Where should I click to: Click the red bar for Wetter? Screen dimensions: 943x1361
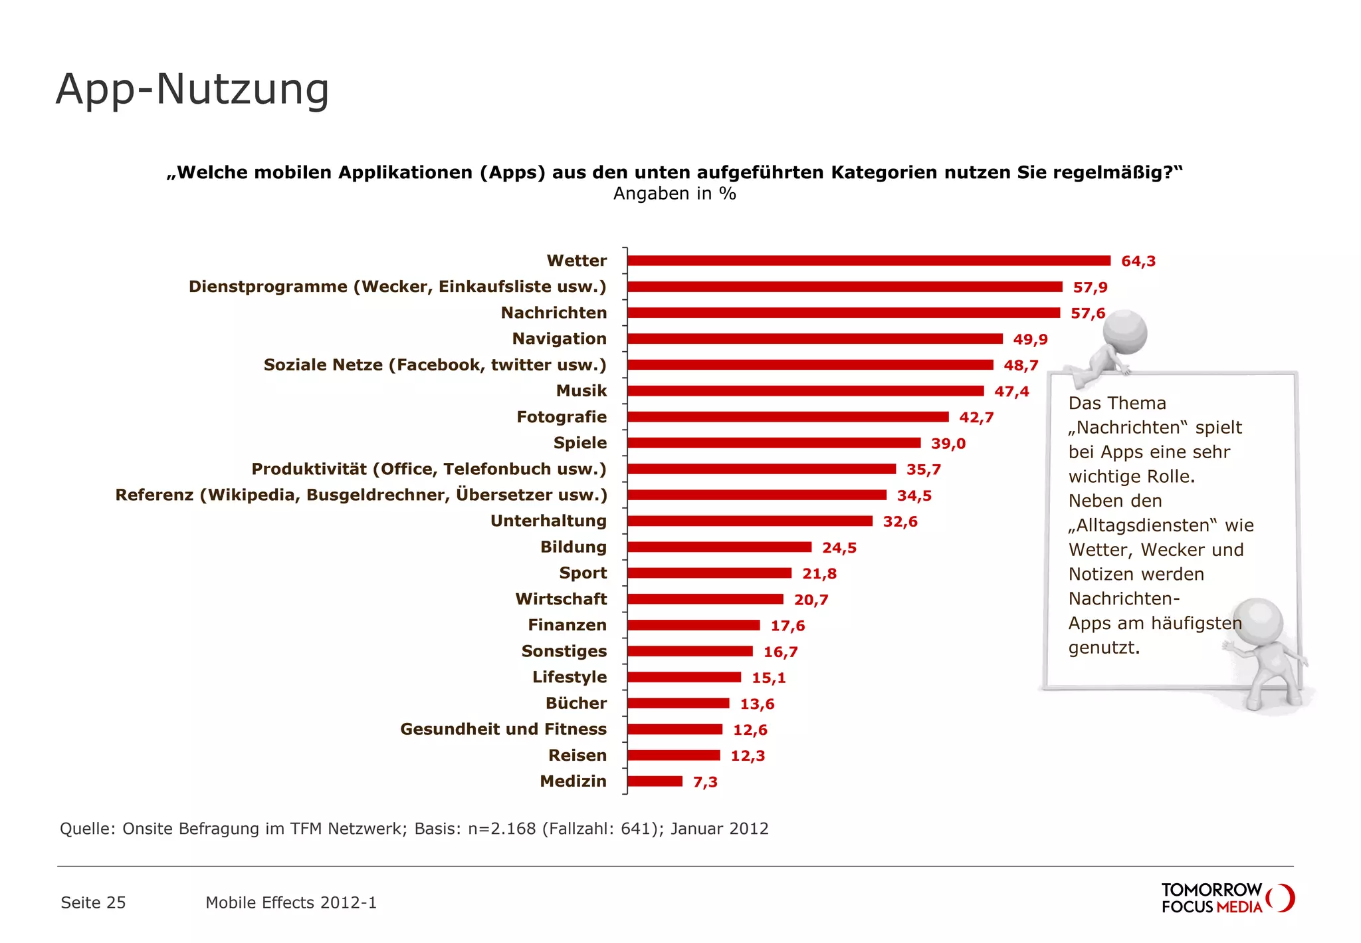[869, 261]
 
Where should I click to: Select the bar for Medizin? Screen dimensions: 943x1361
[655, 781]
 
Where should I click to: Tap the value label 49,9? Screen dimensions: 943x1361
[1030, 339]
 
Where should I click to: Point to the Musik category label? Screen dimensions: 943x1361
[581, 391]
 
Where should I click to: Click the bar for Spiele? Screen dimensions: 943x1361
[774, 443]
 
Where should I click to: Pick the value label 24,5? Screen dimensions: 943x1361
[839, 548]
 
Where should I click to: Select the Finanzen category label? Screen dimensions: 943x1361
[567, 625]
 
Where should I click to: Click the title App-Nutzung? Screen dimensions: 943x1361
[193, 89]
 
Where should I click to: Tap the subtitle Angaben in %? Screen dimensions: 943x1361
[674, 194]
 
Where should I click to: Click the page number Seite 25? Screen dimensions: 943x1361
[93, 902]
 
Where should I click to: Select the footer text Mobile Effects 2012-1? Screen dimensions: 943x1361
[291, 902]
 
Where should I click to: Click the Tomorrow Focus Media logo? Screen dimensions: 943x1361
[1227, 898]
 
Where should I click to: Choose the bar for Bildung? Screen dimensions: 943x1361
[719, 547]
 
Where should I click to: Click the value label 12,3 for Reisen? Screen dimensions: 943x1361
[748, 756]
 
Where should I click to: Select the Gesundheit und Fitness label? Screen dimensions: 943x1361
[503, 730]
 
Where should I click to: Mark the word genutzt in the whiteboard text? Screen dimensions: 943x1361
[1103, 648]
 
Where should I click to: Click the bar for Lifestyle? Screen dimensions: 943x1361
[684, 677]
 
